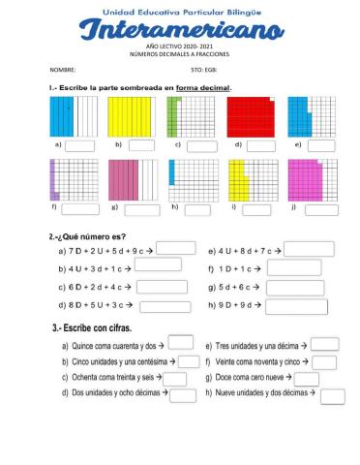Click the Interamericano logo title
tap(181, 33)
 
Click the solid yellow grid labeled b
tap(127, 117)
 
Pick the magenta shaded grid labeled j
tap(307, 180)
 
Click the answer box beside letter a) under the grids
tap(80, 146)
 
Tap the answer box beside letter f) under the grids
tap(77, 208)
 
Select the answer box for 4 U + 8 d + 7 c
tap(310, 248)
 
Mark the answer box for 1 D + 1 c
tap(294, 267)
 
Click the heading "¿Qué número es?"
tap(88, 235)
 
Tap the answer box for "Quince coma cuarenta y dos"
tap(181, 343)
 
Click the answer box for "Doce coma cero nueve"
tap(306, 378)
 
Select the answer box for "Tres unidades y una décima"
tap(324, 344)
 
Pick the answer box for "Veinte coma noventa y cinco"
tap(324, 361)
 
